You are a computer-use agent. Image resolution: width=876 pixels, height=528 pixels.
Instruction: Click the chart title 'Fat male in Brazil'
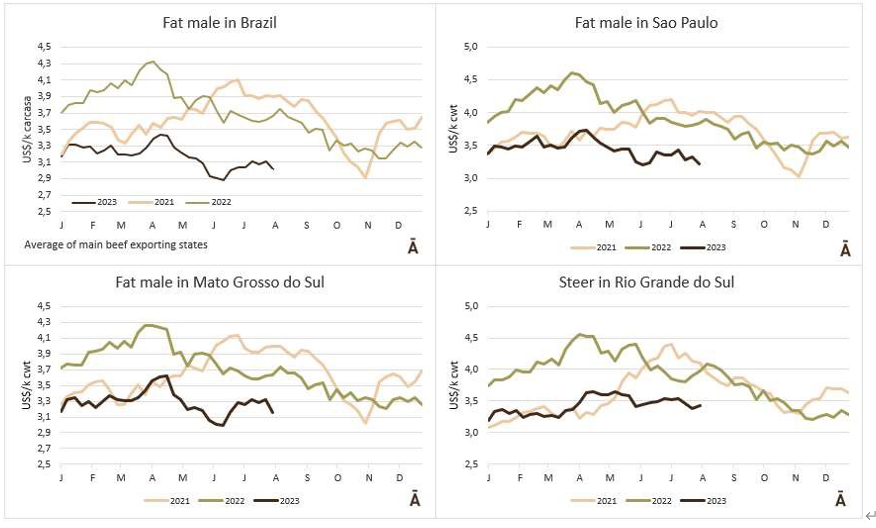pyautogui.click(x=219, y=23)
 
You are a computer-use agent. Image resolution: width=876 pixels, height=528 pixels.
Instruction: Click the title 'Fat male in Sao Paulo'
pyautogui.click(x=646, y=23)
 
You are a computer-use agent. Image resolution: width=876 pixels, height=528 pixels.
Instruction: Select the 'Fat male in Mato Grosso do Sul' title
pyautogui.click(x=219, y=282)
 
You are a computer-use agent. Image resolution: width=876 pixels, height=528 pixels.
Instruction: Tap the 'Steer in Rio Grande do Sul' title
pyautogui.click(x=646, y=282)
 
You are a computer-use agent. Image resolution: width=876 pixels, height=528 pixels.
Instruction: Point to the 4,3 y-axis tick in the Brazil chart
pyautogui.click(x=44, y=63)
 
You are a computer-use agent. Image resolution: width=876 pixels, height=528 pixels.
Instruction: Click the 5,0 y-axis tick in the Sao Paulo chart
pyautogui.click(x=471, y=47)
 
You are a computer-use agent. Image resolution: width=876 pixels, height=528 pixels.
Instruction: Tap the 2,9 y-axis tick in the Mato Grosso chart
pyautogui.click(x=44, y=432)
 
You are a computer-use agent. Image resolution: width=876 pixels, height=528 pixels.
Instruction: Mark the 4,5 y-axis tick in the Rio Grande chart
pyautogui.click(x=471, y=338)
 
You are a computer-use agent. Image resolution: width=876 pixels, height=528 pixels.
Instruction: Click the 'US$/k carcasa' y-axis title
pyautogui.click(x=28, y=129)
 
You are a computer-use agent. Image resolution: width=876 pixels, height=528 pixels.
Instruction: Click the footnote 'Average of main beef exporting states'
pyautogui.click(x=116, y=245)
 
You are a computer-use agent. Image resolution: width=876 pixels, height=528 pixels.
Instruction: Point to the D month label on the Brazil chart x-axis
pyautogui.click(x=398, y=226)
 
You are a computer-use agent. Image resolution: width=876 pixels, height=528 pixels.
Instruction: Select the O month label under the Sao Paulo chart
pyautogui.click(x=764, y=225)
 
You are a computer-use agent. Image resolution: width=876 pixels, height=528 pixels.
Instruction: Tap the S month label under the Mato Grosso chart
pyautogui.click(x=307, y=478)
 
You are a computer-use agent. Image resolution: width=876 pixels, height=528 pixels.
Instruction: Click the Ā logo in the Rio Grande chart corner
pyautogui.click(x=840, y=500)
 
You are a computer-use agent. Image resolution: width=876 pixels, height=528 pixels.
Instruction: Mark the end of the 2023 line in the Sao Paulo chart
pyautogui.click(x=700, y=164)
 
